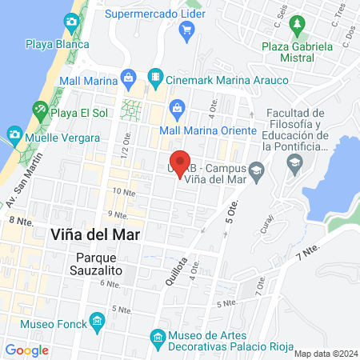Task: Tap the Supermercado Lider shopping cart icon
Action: pos(187,31)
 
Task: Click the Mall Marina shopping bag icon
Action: pos(128,78)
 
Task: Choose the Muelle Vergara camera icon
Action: pos(14,134)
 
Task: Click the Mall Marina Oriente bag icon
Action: pos(178,108)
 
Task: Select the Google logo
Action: pos(26,350)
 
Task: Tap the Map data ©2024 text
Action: pos(325,353)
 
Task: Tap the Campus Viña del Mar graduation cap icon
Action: pos(256,168)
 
